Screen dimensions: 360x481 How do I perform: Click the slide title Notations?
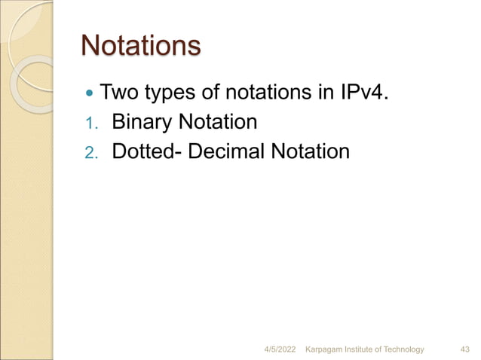point(140,47)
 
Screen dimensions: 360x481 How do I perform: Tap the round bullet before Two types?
point(90,96)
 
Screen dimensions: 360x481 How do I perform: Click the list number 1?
point(90,123)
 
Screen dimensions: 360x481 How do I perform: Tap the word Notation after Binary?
point(219,121)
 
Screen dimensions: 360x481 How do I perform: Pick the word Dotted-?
point(149,151)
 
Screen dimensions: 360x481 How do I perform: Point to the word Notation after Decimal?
point(311,151)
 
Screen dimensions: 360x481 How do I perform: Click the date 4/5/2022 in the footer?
point(281,349)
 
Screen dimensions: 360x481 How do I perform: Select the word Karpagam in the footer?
point(324,349)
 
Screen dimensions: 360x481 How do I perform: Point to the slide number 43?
point(465,349)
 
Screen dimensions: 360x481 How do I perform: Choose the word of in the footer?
point(383,349)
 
